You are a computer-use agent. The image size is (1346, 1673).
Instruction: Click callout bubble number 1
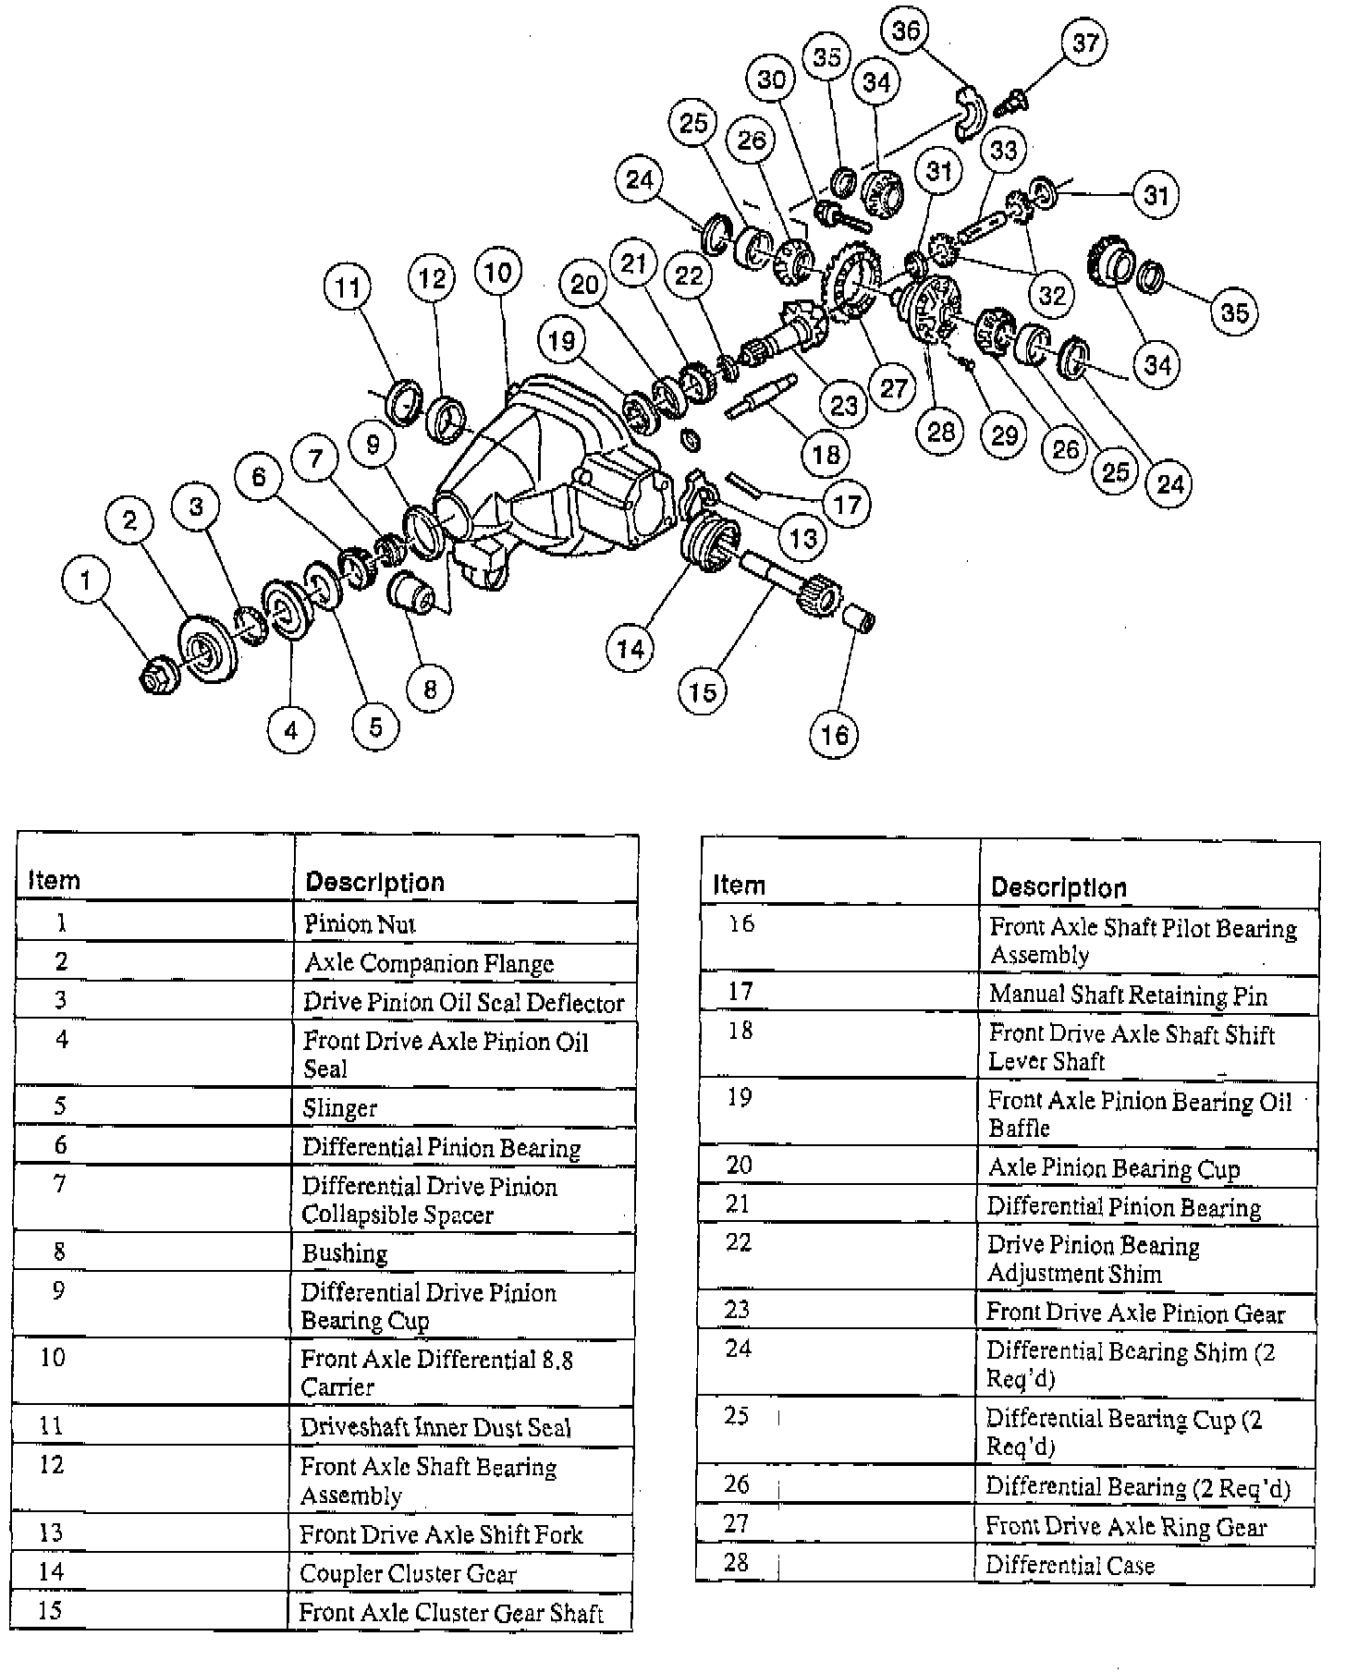click(86, 580)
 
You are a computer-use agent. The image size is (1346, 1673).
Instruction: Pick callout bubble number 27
click(894, 387)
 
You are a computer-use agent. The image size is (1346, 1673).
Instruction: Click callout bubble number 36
click(906, 31)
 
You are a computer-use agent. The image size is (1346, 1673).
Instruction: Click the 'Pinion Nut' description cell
click(361, 923)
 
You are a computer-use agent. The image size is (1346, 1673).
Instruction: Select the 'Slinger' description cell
click(340, 1107)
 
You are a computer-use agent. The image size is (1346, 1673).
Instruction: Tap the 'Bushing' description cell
click(345, 1253)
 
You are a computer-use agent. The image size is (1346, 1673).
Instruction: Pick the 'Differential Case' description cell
click(1070, 1565)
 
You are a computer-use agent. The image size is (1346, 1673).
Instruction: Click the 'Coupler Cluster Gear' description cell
click(408, 1573)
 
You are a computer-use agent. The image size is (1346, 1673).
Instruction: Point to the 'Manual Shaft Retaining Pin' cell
click(1128, 995)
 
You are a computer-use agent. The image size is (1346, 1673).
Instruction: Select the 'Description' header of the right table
click(1058, 888)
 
